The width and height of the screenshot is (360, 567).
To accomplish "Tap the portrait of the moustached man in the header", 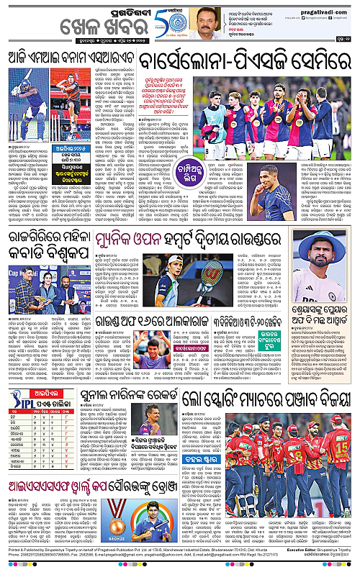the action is pos(209,23).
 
